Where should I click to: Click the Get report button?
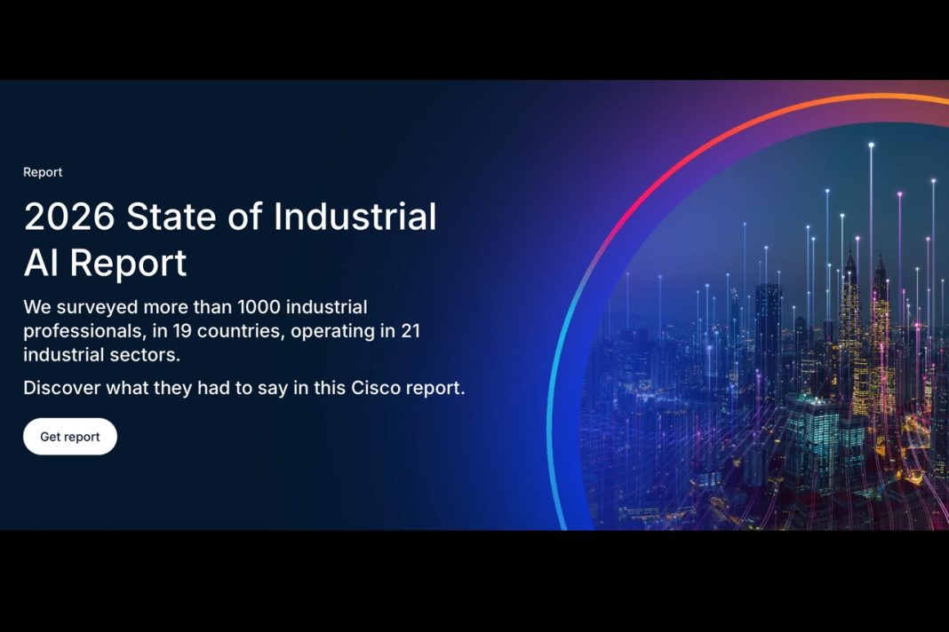coord(70,437)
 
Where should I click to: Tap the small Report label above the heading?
coord(43,172)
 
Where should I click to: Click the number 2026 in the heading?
coord(69,217)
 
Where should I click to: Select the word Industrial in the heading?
coord(355,217)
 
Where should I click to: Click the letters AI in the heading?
coord(41,263)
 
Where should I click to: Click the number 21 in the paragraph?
coord(410,331)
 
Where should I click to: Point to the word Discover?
coord(61,388)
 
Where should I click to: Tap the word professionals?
coord(79,331)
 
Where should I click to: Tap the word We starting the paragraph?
coord(36,308)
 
